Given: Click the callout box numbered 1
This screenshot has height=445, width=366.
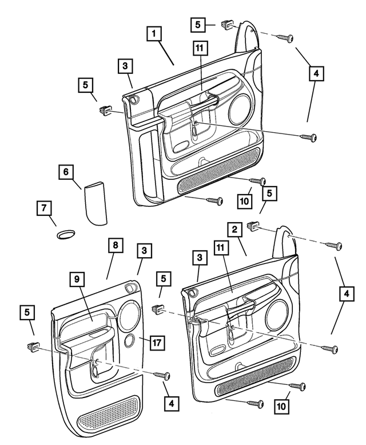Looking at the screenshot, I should pyautogui.click(x=153, y=34).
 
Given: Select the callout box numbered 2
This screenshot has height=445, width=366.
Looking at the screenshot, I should pyautogui.click(x=234, y=230).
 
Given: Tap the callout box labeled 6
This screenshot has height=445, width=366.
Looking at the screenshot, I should pyautogui.click(x=66, y=171).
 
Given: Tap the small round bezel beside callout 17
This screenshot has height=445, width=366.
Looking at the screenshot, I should pyautogui.click(x=129, y=341).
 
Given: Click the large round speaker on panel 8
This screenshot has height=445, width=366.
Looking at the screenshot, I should pyautogui.click(x=130, y=313).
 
